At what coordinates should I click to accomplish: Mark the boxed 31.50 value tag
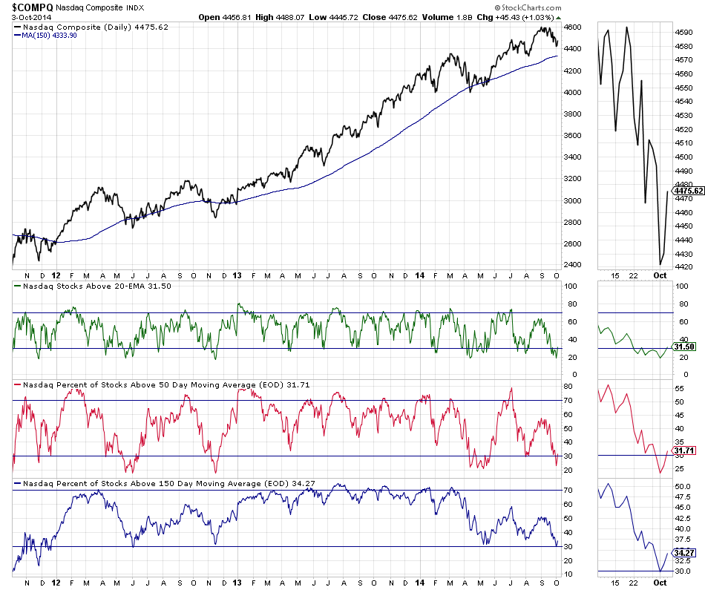tap(683, 347)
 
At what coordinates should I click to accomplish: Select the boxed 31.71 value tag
tap(683, 450)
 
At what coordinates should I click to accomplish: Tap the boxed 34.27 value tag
tap(683, 553)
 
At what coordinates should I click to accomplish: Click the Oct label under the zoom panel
tap(660, 276)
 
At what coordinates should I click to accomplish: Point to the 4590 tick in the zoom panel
tap(683, 33)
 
